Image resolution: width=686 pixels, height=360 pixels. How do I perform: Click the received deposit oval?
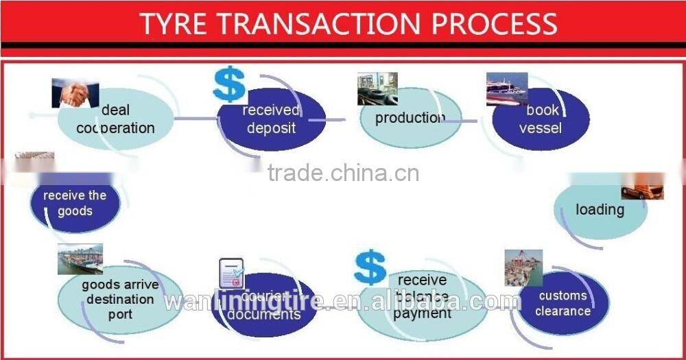pos(271,120)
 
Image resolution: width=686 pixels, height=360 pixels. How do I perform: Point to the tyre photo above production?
pos(377,88)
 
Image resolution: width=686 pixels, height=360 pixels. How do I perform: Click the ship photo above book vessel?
pos(507,88)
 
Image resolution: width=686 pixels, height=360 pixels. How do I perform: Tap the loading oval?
pos(600,210)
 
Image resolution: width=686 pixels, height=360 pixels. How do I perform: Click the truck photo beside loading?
pos(643,187)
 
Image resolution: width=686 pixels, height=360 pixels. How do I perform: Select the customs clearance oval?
pos(563,303)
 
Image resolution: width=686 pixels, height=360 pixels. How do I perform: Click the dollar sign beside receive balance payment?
pos(370,267)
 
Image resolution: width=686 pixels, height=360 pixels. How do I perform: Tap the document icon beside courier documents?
pos(231,273)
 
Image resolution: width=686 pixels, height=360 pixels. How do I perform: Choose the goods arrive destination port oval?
pos(120,300)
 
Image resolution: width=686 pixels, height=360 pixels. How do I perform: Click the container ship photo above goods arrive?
pos(80,259)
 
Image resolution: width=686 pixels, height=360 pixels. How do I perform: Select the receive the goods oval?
pos(75,203)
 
